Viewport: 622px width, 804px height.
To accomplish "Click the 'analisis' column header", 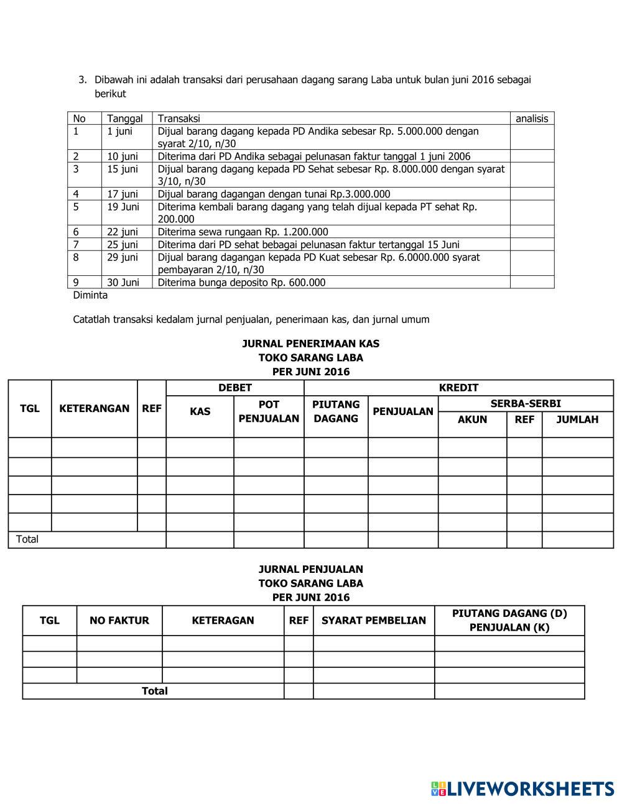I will coord(531,119).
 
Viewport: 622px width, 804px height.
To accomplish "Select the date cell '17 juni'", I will coord(123,194).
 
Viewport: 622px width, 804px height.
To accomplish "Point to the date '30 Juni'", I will coord(123,282).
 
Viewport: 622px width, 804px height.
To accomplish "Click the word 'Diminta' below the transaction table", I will coord(90,295).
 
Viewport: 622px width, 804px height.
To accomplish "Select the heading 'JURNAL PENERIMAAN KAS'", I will coord(310,344).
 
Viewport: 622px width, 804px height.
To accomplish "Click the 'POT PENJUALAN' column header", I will coord(269,411).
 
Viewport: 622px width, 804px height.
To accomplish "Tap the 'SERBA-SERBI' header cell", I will coord(526,404).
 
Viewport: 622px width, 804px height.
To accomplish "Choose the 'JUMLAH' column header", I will coord(577,419).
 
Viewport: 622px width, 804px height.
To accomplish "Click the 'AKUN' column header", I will coord(472,419).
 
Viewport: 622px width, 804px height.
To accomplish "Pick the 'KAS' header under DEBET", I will coord(200,411).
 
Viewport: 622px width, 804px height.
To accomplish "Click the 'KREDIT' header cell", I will coord(458,388).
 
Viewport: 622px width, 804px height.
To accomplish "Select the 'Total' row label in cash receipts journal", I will coord(27,539).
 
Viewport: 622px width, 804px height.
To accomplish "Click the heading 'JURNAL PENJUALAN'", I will coord(310,569).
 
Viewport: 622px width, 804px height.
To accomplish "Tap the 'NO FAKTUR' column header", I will coord(119,620).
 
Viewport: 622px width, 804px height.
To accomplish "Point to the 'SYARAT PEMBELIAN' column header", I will coord(373,620).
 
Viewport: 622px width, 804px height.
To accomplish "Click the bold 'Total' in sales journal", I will coord(154,691).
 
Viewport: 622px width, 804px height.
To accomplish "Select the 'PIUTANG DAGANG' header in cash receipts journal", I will coord(336,411).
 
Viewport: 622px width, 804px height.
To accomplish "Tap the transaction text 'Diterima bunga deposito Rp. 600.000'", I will coord(241,282).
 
